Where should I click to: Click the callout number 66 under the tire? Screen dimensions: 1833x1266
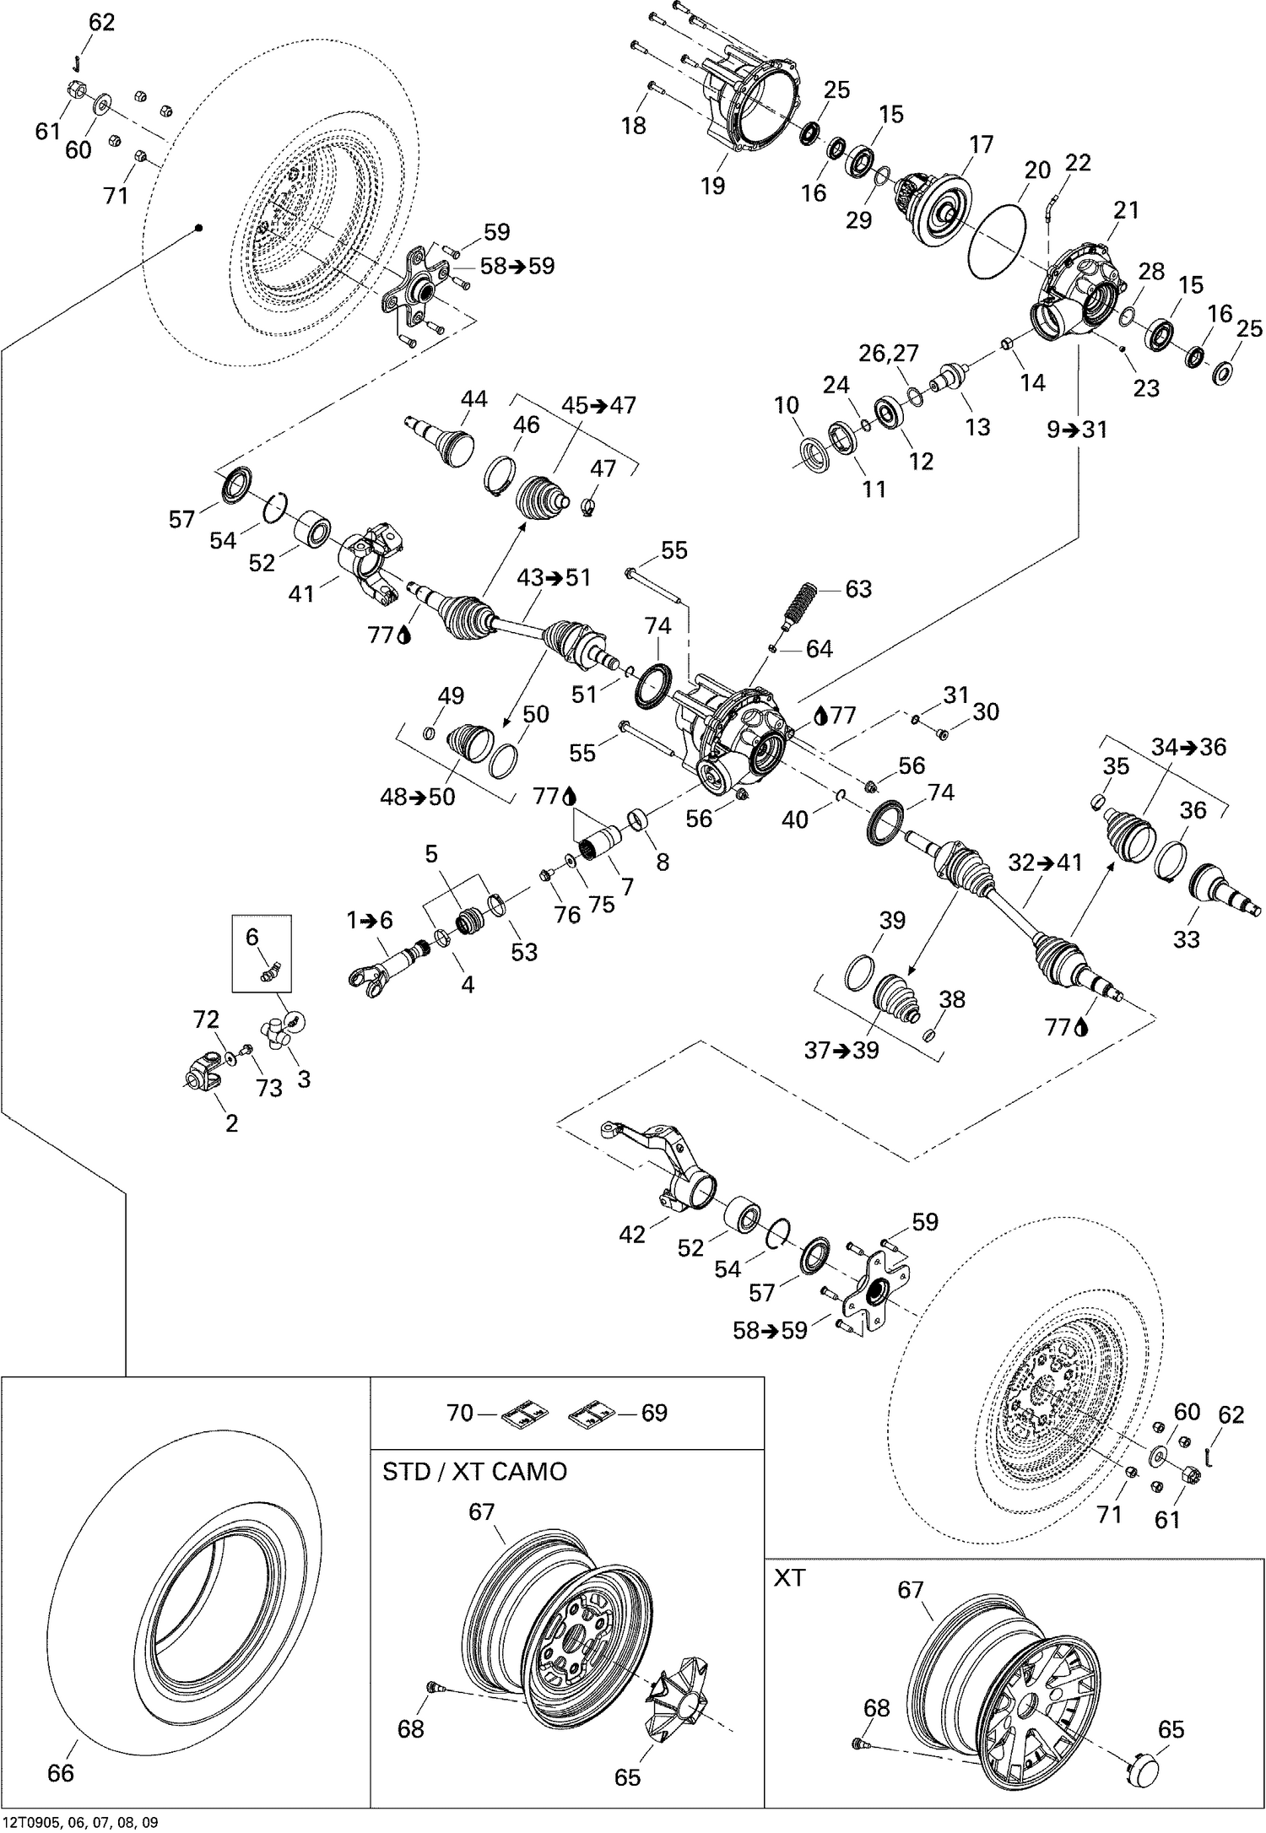(61, 1772)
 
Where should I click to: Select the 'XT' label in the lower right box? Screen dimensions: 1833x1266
(789, 1577)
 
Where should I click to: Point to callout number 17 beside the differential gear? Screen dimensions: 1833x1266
(981, 145)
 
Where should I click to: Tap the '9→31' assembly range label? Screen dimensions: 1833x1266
(1077, 430)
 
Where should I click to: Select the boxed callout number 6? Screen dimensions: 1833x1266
(252, 936)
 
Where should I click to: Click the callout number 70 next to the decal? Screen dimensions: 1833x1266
(460, 1412)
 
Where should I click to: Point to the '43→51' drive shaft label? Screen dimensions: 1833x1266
(555, 578)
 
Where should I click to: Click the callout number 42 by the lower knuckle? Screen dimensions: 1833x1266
(631, 1235)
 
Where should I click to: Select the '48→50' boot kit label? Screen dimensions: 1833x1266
(418, 797)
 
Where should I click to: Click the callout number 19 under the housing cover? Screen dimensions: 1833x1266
(713, 186)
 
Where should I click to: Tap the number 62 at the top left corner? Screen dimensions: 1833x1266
(101, 23)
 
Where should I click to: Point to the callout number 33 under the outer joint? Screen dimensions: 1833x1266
(1186, 938)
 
